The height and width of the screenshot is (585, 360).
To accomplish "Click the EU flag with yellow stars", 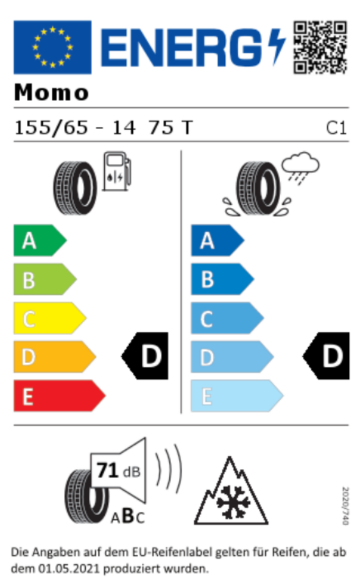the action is [x=52, y=47].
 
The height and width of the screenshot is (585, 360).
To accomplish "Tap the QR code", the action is [x=320, y=47].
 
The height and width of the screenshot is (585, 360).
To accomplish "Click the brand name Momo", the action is [x=52, y=92].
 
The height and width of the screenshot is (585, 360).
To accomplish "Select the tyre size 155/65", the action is [x=51, y=127].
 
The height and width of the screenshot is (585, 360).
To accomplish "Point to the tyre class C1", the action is [x=336, y=128].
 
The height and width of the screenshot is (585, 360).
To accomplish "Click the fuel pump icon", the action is [x=117, y=171].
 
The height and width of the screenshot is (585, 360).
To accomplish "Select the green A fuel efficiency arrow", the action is [x=40, y=240].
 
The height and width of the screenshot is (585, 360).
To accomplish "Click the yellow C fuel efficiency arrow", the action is [x=49, y=318].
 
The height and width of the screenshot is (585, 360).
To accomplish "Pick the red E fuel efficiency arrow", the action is [x=59, y=396].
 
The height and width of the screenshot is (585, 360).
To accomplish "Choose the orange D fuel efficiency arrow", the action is [x=54, y=357].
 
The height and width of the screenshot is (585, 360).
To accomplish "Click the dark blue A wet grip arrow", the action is [x=217, y=240].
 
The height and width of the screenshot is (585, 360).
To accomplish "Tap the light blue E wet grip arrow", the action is [x=237, y=396].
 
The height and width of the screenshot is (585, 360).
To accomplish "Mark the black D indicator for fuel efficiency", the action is [x=145, y=356].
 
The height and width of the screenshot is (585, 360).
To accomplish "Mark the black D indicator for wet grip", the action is [x=326, y=356].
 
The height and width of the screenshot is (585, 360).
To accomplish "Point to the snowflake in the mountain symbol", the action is [x=233, y=502].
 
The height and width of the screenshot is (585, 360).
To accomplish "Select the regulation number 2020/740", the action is [x=345, y=506].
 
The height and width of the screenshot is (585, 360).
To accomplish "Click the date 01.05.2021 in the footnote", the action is [x=69, y=569].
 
